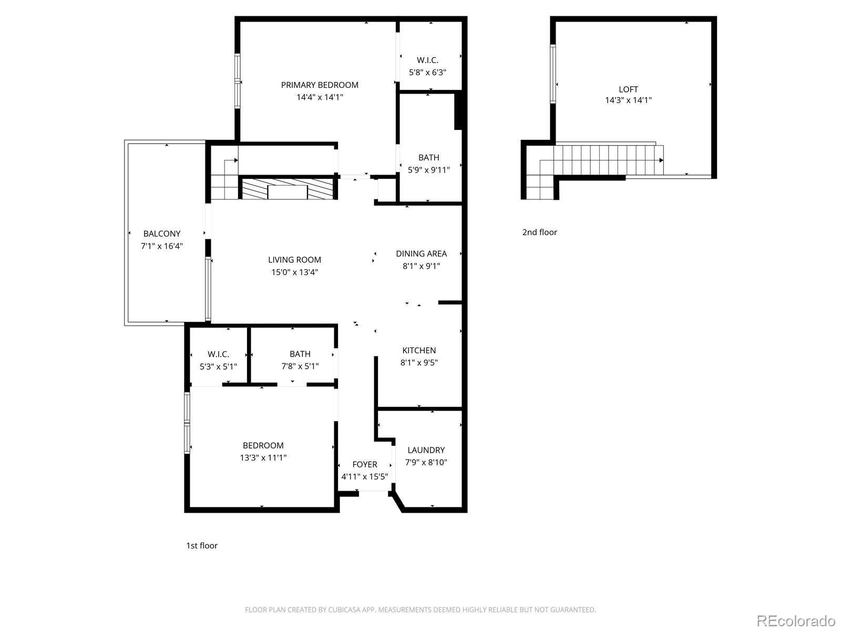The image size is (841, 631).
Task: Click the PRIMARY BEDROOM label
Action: point(320,85)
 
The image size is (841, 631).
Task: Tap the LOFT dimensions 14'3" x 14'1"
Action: point(628,100)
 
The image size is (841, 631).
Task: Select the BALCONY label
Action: point(162,233)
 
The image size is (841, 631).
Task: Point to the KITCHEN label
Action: point(419,350)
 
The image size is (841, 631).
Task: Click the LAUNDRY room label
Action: point(426,450)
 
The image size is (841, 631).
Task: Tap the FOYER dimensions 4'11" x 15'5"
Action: point(364,477)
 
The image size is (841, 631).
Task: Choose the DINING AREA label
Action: point(421,253)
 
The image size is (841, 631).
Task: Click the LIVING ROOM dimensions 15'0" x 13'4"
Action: point(294,272)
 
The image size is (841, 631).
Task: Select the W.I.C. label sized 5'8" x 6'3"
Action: point(427,60)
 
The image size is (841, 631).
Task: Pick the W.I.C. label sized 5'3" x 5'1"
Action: point(218,354)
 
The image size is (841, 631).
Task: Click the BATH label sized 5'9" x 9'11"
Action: point(429,157)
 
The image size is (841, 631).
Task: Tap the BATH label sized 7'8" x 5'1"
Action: point(300,354)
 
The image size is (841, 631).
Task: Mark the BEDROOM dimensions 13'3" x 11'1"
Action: point(263,458)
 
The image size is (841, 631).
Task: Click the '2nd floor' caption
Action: point(539,232)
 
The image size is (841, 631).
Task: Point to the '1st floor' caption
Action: point(202,545)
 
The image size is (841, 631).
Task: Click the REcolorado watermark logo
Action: point(796,620)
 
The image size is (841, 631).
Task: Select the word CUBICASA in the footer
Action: point(344,610)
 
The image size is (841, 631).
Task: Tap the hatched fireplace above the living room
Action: point(287,189)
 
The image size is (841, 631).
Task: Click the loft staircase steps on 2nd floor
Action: point(604,160)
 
